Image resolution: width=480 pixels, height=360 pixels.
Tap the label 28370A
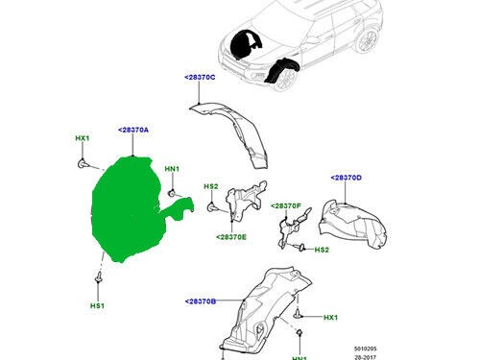[x=133, y=129]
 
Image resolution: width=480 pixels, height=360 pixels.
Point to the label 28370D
[x=346, y=178]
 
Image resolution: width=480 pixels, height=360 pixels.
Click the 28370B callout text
[x=201, y=301]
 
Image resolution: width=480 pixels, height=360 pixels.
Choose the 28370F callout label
[x=286, y=205]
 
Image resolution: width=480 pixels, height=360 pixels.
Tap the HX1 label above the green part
[x=82, y=139]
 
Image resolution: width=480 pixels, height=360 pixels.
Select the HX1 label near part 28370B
[x=330, y=318]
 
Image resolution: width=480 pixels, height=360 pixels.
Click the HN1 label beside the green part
[x=172, y=169]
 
